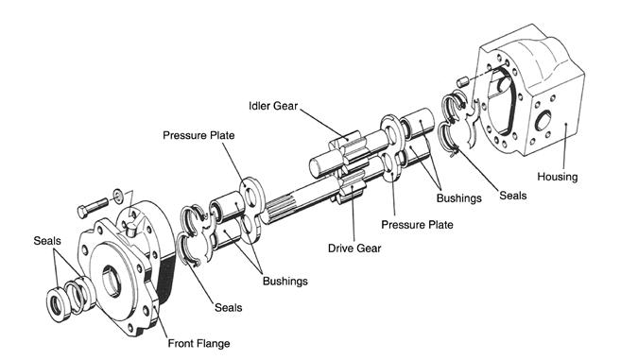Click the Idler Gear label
(x=273, y=106)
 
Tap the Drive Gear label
(x=354, y=249)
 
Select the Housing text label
(x=558, y=177)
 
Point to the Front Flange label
(x=198, y=343)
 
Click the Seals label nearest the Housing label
(x=513, y=196)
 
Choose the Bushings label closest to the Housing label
(x=459, y=198)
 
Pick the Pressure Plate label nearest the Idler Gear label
(x=198, y=135)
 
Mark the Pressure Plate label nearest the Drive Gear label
(x=417, y=225)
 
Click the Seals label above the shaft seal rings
(x=47, y=241)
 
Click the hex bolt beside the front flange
(x=93, y=208)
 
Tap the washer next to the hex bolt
(x=118, y=195)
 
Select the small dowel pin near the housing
(x=462, y=82)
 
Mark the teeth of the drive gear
(x=352, y=185)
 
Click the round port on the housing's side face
(x=543, y=120)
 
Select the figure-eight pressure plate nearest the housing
(x=392, y=147)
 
